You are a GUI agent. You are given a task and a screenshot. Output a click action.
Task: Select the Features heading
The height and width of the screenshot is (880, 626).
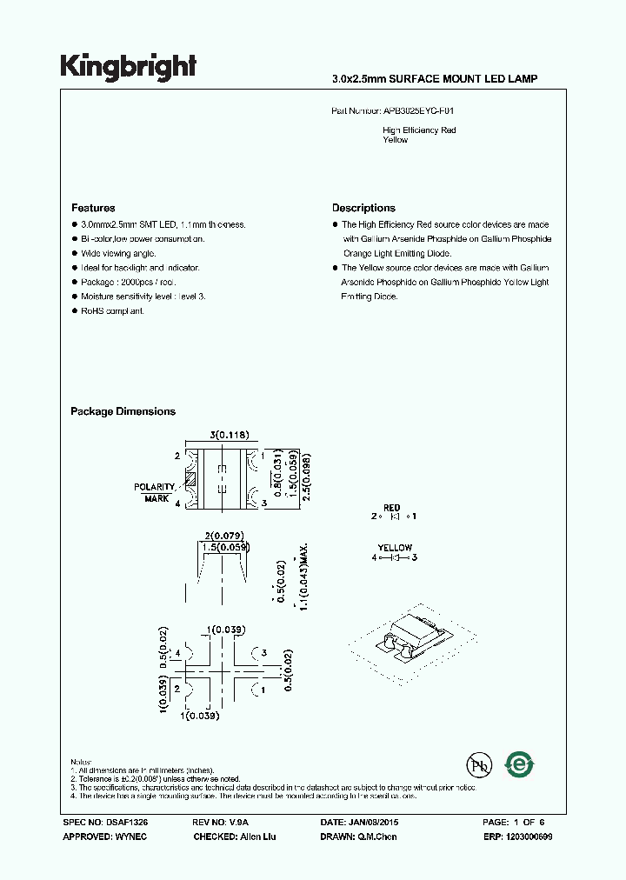pyautogui.click(x=93, y=208)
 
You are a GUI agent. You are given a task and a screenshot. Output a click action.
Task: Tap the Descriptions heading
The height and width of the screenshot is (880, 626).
pyautogui.click(x=363, y=208)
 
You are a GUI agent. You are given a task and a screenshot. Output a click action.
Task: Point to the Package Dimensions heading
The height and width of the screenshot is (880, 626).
pyautogui.click(x=123, y=411)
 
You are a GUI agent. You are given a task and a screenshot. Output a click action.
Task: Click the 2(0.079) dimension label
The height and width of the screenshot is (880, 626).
pyautogui.click(x=223, y=535)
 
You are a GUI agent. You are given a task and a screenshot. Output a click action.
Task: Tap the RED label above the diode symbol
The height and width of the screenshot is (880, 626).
pyautogui.click(x=391, y=507)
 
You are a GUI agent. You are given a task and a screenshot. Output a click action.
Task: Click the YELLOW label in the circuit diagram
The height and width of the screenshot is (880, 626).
pyautogui.click(x=395, y=548)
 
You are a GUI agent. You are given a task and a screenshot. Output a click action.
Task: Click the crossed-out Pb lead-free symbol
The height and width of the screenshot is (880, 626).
pyautogui.click(x=478, y=765)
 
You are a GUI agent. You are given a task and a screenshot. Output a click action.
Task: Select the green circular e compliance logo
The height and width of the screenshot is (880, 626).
pyautogui.click(x=520, y=764)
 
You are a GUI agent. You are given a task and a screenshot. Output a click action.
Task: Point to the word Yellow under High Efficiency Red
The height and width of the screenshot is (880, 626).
pyautogui.click(x=396, y=140)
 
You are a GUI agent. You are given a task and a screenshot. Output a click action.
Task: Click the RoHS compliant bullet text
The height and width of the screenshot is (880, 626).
pyautogui.click(x=113, y=310)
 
